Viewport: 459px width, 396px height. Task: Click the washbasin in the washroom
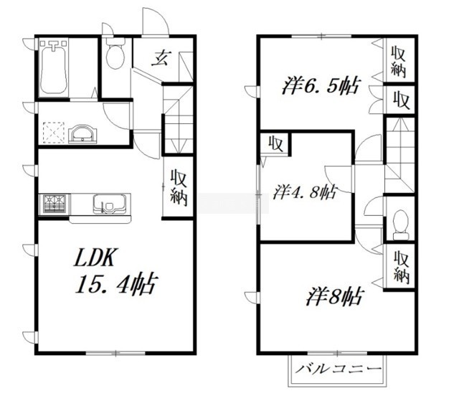point(82,134)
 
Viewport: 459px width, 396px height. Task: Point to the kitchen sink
point(109,204)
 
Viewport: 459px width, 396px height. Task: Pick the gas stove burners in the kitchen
point(55,204)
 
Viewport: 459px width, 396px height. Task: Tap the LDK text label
point(94,257)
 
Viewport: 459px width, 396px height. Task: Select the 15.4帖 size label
point(116,283)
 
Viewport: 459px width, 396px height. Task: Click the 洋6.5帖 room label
point(320,85)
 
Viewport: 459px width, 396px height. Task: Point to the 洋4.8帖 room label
point(304,192)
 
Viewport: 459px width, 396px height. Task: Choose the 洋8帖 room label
point(335,296)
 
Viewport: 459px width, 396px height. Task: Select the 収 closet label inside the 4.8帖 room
point(275,143)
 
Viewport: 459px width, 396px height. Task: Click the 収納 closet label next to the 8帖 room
point(401,267)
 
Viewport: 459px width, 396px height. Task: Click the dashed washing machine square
point(54,133)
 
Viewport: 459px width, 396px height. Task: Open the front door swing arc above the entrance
point(156,21)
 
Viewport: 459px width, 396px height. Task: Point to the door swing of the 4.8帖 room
point(339,179)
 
